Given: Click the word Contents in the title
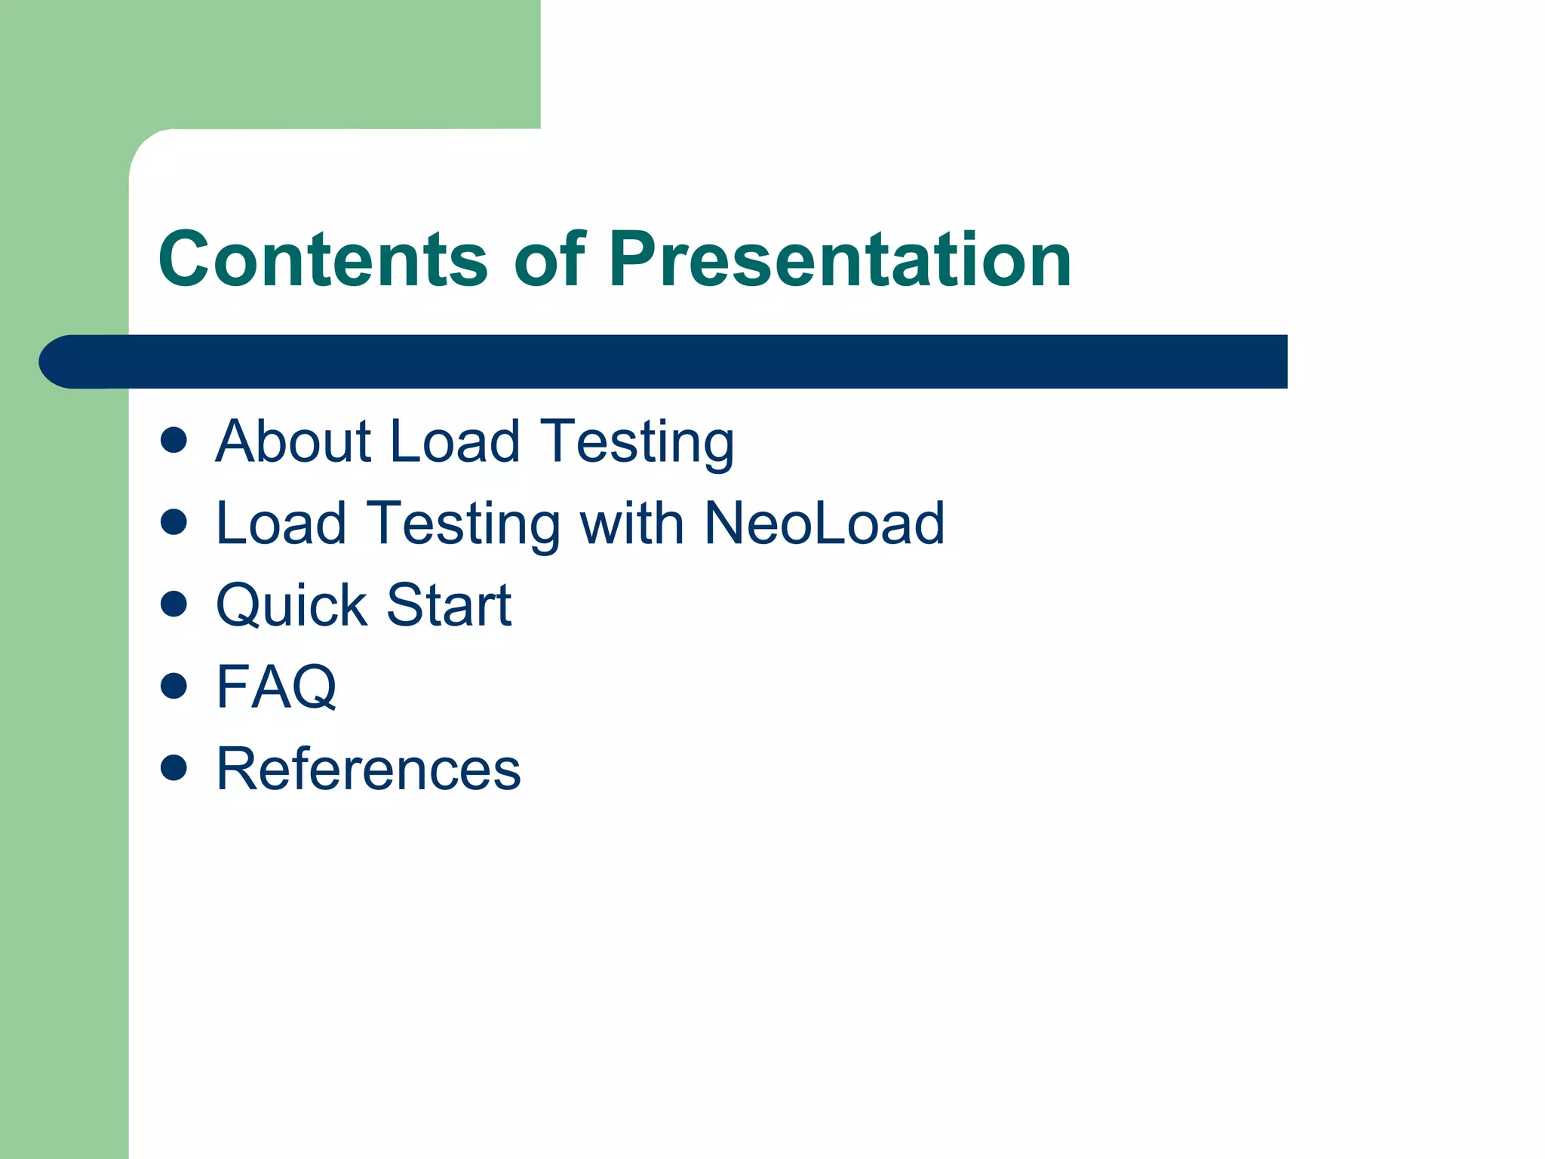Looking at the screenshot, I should [x=324, y=260].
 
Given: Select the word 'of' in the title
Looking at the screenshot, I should [x=549, y=260].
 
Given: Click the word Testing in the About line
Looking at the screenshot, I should [x=637, y=445].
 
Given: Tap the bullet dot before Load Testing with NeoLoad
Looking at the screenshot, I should [x=174, y=522].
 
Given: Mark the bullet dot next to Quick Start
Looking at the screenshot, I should [x=174, y=604].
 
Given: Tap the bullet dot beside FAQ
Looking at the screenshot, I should [x=174, y=686].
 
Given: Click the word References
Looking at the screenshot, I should [x=368, y=769].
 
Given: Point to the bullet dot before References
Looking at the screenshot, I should [x=174, y=768].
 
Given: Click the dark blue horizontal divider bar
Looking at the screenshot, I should [x=679, y=361].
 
